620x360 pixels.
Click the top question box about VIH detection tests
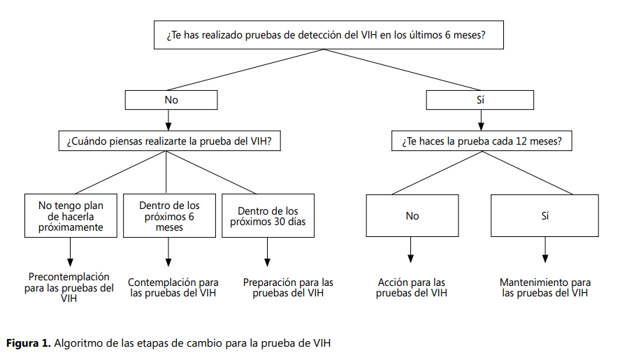click(329, 35)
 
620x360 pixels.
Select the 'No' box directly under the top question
click(171, 100)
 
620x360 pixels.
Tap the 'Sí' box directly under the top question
click(480, 100)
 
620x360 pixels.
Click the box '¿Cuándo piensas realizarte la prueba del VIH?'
click(170, 141)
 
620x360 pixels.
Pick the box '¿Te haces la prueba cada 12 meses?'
click(482, 141)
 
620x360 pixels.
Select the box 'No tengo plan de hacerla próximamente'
click(71, 215)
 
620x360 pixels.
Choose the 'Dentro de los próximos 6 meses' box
click(169, 215)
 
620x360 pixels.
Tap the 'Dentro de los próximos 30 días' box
click(268, 215)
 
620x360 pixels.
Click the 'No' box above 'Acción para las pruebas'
click(412, 215)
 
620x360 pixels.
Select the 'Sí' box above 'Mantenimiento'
click(545, 215)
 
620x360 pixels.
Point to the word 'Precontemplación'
click(69, 277)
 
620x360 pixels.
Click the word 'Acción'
click(393, 282)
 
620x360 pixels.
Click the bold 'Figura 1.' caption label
click(29, 343)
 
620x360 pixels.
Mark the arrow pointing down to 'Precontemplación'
click(71, 252)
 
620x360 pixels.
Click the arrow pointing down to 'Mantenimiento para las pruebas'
click(545, 250)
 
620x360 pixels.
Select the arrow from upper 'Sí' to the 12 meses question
click(481, 120)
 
